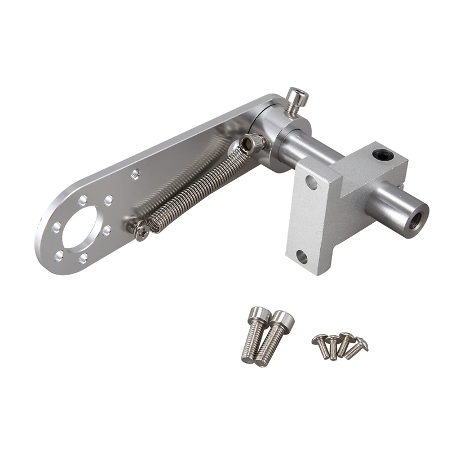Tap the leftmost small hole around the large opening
click(x=56, y=227)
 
